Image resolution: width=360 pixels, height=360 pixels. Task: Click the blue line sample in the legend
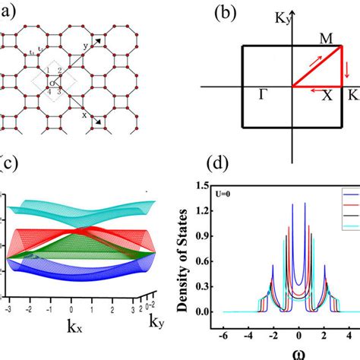click(x=351, y=192)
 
